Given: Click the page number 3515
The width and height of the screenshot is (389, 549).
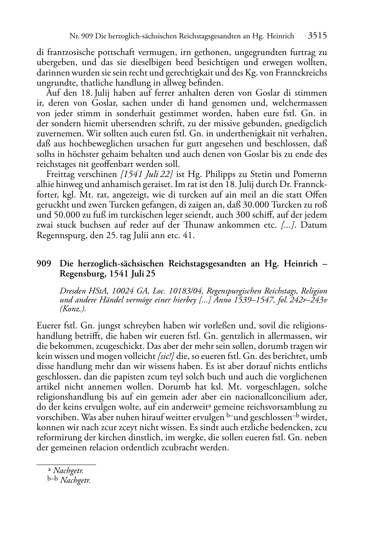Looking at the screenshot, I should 317,36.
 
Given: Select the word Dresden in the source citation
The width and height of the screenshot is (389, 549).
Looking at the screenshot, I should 72,291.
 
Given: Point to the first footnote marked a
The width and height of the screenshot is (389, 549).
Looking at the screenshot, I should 65,471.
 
